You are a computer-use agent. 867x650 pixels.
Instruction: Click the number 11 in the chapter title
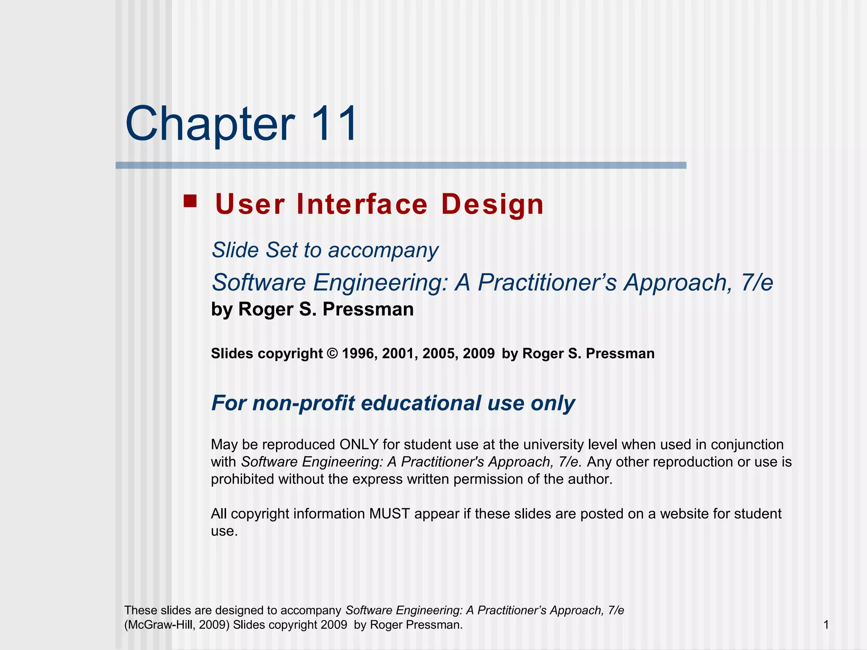(334, 124)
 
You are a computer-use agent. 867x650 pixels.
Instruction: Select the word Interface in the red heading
(362, 204)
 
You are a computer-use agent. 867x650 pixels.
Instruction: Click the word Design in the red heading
(492, 204)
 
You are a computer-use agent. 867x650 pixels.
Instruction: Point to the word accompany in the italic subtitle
(383, 251)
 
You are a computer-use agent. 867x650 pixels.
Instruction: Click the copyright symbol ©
(333, 353)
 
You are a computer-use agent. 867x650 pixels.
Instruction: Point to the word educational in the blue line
(421, 403)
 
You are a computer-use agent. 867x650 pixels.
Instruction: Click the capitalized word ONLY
(359, 445)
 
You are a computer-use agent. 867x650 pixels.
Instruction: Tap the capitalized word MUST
(389, 514)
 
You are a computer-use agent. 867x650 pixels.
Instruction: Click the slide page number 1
(826, 625)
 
